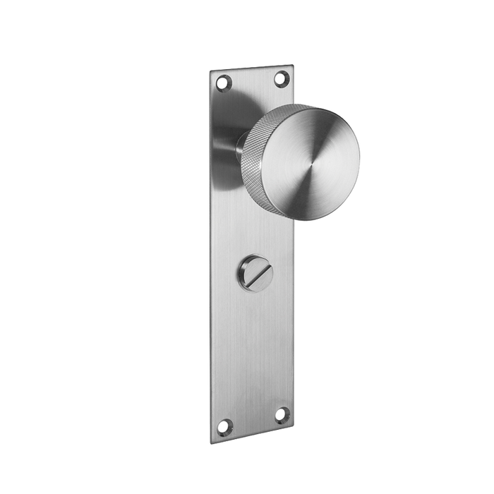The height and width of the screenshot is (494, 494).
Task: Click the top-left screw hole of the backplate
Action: (224, 83)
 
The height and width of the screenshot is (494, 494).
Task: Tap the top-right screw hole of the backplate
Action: (280, 78)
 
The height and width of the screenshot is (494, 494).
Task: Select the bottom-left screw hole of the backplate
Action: (224, 426)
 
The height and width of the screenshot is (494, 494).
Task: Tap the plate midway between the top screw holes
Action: (252, 80)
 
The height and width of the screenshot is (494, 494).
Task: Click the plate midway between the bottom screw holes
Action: (253, 420)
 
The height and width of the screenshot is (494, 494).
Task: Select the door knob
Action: (303, 162)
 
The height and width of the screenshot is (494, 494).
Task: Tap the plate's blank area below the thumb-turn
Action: (252, 346)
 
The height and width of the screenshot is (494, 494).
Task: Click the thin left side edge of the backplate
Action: (210, 254)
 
